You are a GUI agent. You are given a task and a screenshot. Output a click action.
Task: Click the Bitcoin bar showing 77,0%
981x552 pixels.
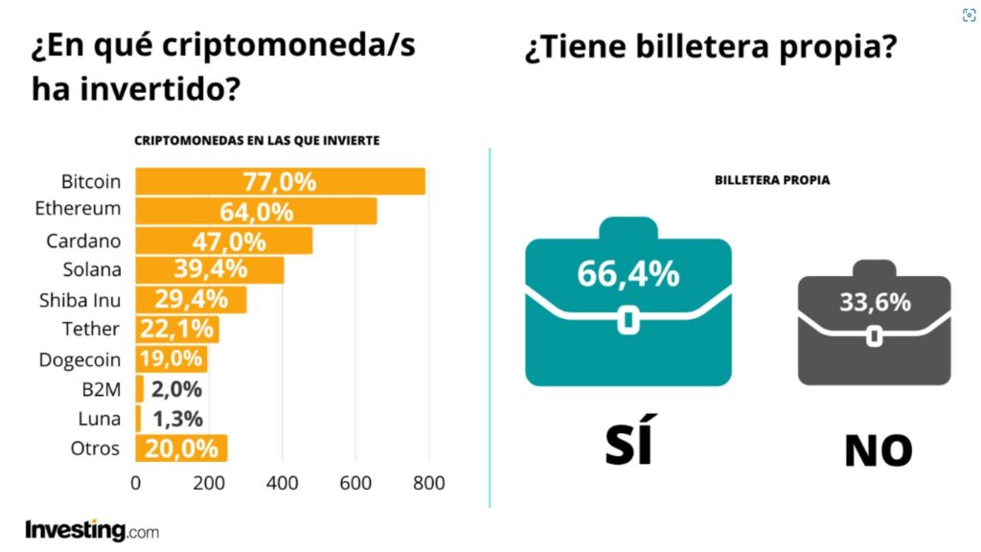(280, 182)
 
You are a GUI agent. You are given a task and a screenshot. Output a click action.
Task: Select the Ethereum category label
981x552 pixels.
(78, 208)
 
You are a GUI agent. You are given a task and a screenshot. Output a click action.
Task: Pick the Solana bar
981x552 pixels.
(209, 270)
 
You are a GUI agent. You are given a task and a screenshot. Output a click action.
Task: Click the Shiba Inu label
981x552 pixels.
(80, 299)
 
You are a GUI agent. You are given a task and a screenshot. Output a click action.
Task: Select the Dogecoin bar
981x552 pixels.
(171, 359)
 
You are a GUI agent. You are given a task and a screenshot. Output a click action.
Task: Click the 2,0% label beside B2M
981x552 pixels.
(175, 389)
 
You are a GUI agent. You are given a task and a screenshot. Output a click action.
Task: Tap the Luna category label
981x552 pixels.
(100, 419)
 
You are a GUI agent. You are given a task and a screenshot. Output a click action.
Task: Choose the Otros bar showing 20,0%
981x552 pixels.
(181, 448)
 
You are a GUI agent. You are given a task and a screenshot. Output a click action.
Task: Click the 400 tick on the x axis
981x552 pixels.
(282, 483)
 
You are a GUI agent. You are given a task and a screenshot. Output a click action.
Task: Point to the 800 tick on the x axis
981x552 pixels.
(428, 483)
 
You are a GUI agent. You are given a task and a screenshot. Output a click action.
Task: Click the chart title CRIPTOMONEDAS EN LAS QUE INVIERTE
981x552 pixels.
(257, 140)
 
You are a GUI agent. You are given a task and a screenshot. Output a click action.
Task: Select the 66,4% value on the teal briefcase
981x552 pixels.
(627, 273)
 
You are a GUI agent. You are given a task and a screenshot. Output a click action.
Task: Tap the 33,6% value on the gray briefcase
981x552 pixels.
(875, 303)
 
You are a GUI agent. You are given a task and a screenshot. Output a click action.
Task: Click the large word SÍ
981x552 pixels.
(629, 442)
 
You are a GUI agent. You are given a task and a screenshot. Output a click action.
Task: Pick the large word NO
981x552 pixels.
(878, 449)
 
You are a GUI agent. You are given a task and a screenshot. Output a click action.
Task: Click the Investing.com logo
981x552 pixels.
(92, 530)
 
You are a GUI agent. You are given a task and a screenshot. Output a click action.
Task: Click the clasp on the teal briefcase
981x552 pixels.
(627, 319)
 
